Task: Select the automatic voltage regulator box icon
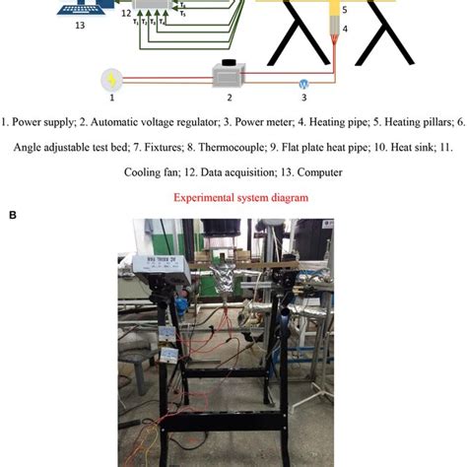click(x=230, y=75)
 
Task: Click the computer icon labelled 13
click(x=76, y=10)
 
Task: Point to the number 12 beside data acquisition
click(x=125, y=16)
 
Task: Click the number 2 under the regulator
click(x=230, y=98)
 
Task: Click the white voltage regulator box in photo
click(x=147, y=266)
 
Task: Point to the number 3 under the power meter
click(x=303, y=99)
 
